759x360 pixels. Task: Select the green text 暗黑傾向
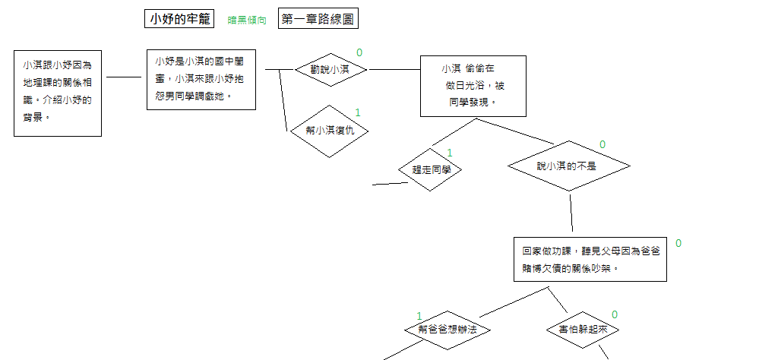coord(247,21)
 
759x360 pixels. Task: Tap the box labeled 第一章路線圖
coord(318,20)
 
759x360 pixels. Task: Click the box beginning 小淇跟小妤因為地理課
coord(58,93)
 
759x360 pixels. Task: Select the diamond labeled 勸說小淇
coord(330,70)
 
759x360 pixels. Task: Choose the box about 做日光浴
coord(473,85)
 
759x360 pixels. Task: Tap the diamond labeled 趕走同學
coord(431,170)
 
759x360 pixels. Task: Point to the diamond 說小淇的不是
coord(568,166)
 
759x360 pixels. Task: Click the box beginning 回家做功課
coord(590,259)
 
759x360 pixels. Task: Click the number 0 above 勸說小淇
coord(359,52)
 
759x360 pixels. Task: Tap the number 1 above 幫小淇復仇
coord(358,112)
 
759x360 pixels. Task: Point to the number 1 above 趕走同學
coord(449,153)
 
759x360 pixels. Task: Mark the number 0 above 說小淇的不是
coord(602,144)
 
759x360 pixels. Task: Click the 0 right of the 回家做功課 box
coord(678,243)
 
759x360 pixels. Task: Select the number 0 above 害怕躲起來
coord(615,314)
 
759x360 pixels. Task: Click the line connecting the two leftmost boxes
coord(124,77)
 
